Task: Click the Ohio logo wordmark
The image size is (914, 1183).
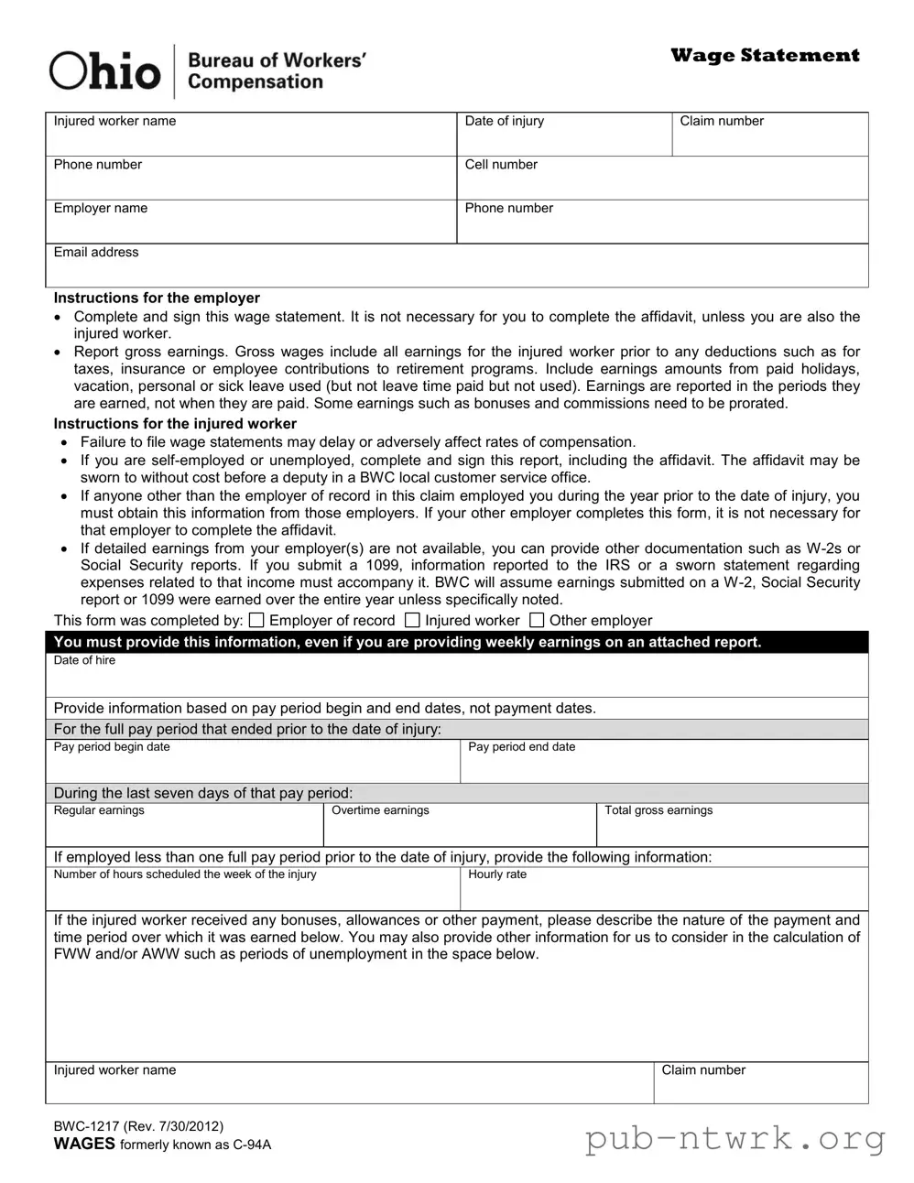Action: pos(104,71)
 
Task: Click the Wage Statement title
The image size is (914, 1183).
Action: pos(765,56)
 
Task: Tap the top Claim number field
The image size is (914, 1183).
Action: pos(769,139)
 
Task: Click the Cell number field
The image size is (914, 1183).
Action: pos(661,182)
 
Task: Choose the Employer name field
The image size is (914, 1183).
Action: pos(251,226)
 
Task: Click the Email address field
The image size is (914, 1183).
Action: pos(456,269)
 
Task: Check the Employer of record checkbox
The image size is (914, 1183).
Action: pos(256,621)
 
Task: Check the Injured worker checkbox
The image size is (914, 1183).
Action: pos(412,621)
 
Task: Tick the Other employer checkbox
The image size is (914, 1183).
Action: pos(537,621)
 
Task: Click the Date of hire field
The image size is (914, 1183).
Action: pos(456,679)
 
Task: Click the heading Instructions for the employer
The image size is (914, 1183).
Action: pos(157,298)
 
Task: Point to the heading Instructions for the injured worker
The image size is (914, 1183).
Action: pos(175,424)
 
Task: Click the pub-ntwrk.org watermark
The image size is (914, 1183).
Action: pos(735,1140)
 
